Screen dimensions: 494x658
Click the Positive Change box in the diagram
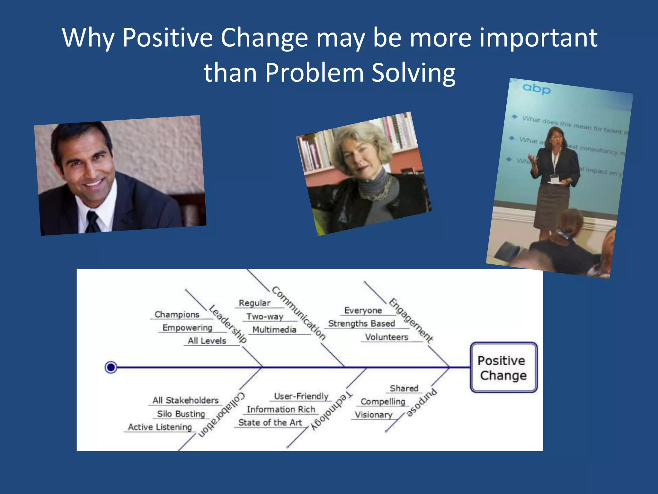click(x=503, y=368)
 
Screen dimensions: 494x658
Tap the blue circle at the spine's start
click(x=111, y=367)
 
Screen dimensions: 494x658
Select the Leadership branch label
click(x=228, y=324)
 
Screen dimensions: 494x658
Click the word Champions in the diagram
click(x=177, y=314)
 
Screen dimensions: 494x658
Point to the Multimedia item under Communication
click(x=274, y=330)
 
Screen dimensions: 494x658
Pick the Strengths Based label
click(x=361, y=324)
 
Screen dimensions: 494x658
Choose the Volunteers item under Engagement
click(x=387, y=337)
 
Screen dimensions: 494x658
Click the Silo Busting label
click(x=181, y=414)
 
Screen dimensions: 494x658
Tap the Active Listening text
click(x=160, y=427)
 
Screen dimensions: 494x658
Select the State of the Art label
click(x=270, y=423)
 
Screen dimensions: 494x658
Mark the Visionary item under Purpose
click(x=373, y=415)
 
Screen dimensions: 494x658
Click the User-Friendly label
click(x=301, y=396)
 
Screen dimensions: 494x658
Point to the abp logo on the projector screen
click(x=536, y=88)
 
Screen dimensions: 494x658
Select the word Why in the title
click(x=88, y=38)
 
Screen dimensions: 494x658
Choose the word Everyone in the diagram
click(x=363, y=310)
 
